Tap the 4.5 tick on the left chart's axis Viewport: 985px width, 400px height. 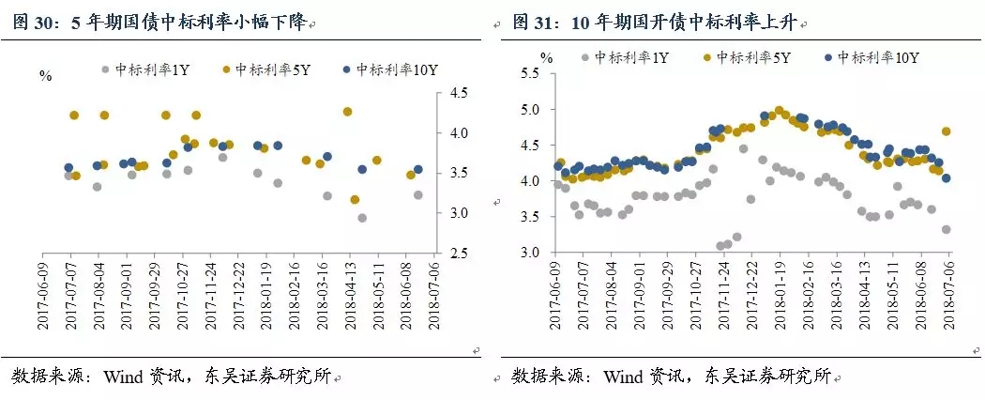(460, 93)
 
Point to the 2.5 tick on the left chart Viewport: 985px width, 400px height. (460, 254)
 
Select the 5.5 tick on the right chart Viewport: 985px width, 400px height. (529, 73)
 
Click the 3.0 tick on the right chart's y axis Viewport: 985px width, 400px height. (529, 253)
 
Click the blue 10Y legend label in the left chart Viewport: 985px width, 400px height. (393, 69)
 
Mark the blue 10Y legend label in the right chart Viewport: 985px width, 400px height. (881, 57)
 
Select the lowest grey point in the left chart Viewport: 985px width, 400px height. (362, 218)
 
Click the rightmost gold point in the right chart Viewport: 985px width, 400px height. (946, 131)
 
